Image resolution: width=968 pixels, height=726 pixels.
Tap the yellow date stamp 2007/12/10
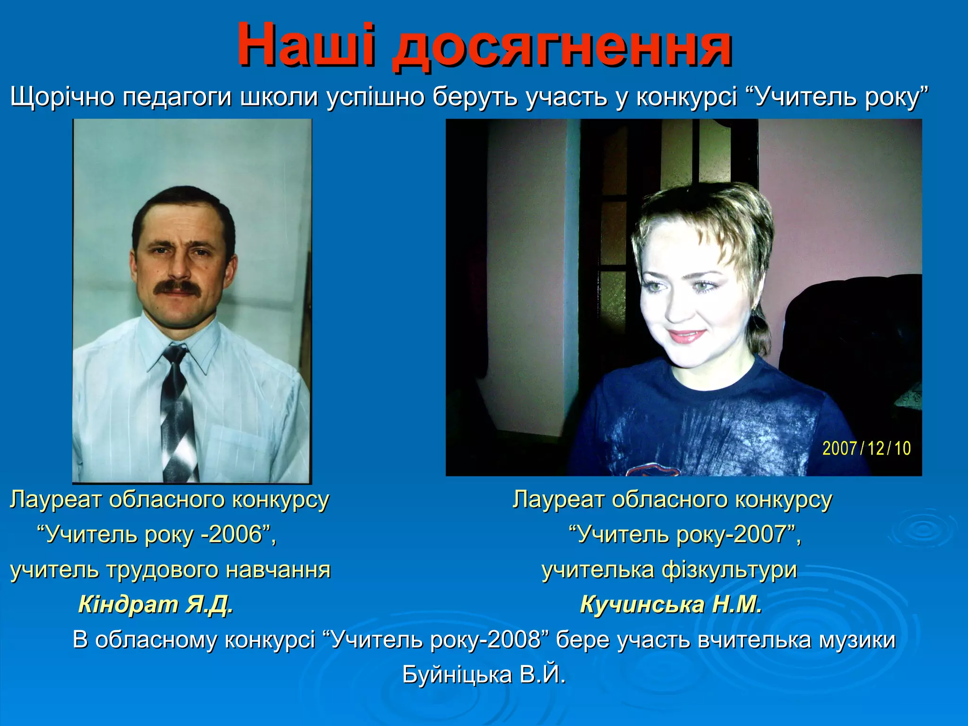coord(866,448)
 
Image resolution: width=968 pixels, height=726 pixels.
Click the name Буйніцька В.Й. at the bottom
coord(484,675)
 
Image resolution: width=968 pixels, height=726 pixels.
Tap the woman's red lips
coord(686,336)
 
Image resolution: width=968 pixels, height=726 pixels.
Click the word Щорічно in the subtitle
coord(62,97)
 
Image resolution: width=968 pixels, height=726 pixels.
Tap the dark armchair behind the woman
coord(851,340)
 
